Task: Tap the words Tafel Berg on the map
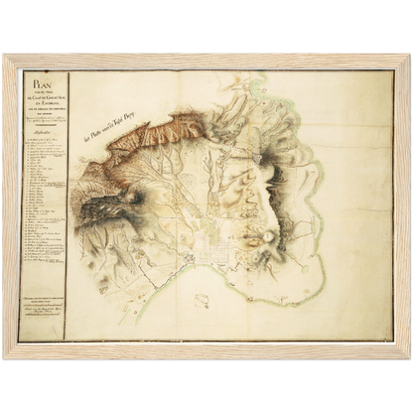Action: (x=135, y=132)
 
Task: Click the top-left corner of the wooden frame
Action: (x=5, y=57)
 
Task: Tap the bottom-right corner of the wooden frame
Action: (x=408, y=356)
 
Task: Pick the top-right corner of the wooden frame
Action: (x=408, y=57)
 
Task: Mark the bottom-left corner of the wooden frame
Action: (x=5, y=356)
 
